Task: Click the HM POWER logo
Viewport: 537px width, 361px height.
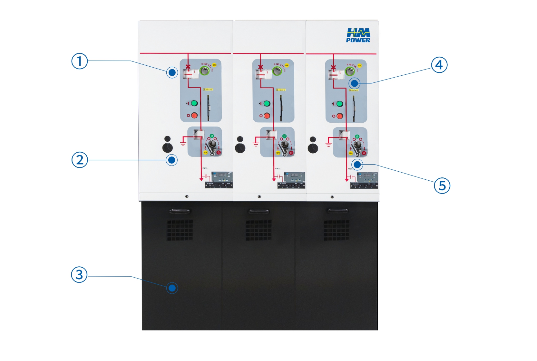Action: click(358, 35)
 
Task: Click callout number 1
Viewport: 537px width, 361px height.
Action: click(79, 61)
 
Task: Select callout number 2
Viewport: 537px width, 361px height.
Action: click(80, 160)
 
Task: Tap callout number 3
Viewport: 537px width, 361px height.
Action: click(79, 275)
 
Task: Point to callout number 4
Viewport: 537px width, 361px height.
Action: click(439, 65)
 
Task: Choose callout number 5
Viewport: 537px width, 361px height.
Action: click(442, 186)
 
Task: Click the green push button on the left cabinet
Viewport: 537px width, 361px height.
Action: click(194, 103)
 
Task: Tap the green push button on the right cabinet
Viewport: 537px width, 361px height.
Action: click(339, 104)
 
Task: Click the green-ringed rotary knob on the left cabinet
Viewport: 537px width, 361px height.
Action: click(205, 71)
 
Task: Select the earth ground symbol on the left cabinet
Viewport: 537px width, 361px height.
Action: click(183, 142)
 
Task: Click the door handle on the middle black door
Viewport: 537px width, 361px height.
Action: click(258, 211)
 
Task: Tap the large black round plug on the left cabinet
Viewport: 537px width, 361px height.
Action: click(168, 148)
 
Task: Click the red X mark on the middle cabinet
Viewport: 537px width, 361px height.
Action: click(260, 67)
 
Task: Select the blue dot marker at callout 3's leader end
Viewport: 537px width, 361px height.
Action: click(172, 288)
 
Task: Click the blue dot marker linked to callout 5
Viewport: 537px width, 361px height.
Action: click(357, 165)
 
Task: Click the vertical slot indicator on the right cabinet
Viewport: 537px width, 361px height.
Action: click(354, 108)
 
